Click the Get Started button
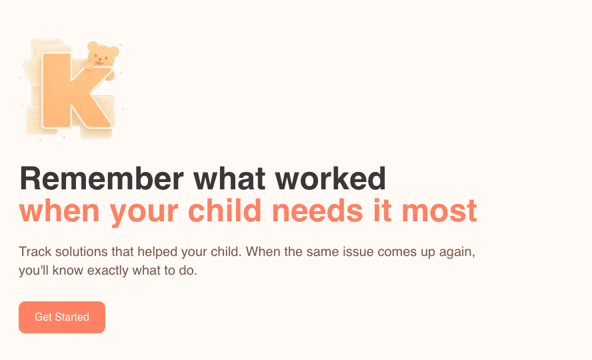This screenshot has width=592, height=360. point(62,317)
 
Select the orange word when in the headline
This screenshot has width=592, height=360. point(60,211)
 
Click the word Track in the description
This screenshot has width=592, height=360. point(34,253)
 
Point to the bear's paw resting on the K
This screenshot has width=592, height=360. point(109,73)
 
